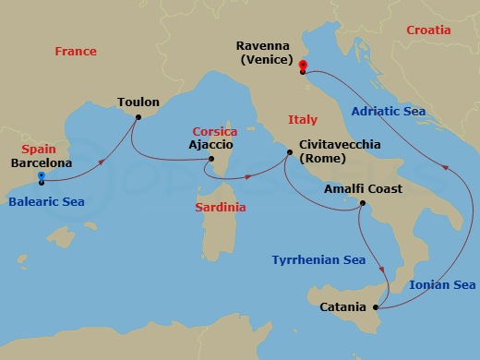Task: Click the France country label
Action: (x=75, y=52)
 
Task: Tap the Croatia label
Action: (x=428, y=30)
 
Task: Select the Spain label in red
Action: (x=40, y=148)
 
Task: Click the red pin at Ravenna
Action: (x=302, y=66)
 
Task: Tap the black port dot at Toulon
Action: (x=138, y=117)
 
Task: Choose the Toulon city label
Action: (x=138, y=102)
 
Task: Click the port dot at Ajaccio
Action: (x=210, y=160)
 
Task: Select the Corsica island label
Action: (x=214, y=132)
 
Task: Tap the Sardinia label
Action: (x=221, y=208)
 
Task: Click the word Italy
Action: (x=302, y=120)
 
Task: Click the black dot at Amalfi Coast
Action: (x=363, y=204)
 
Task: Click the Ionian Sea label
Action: (x=444, y=284)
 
